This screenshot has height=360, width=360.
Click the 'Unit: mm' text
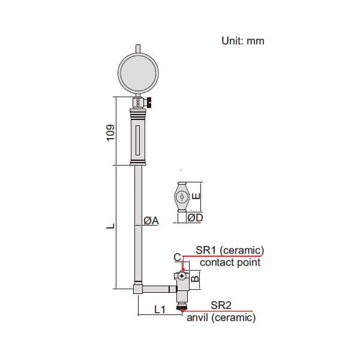[243, 41]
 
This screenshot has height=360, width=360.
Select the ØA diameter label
[151, 221]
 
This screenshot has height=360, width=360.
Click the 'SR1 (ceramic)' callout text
[230, 250]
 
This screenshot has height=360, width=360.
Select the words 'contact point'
[230, 262]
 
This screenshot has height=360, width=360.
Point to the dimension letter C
[177, 257]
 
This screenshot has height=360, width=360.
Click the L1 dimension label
[160, 310]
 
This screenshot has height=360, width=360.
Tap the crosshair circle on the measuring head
[181, 276]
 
